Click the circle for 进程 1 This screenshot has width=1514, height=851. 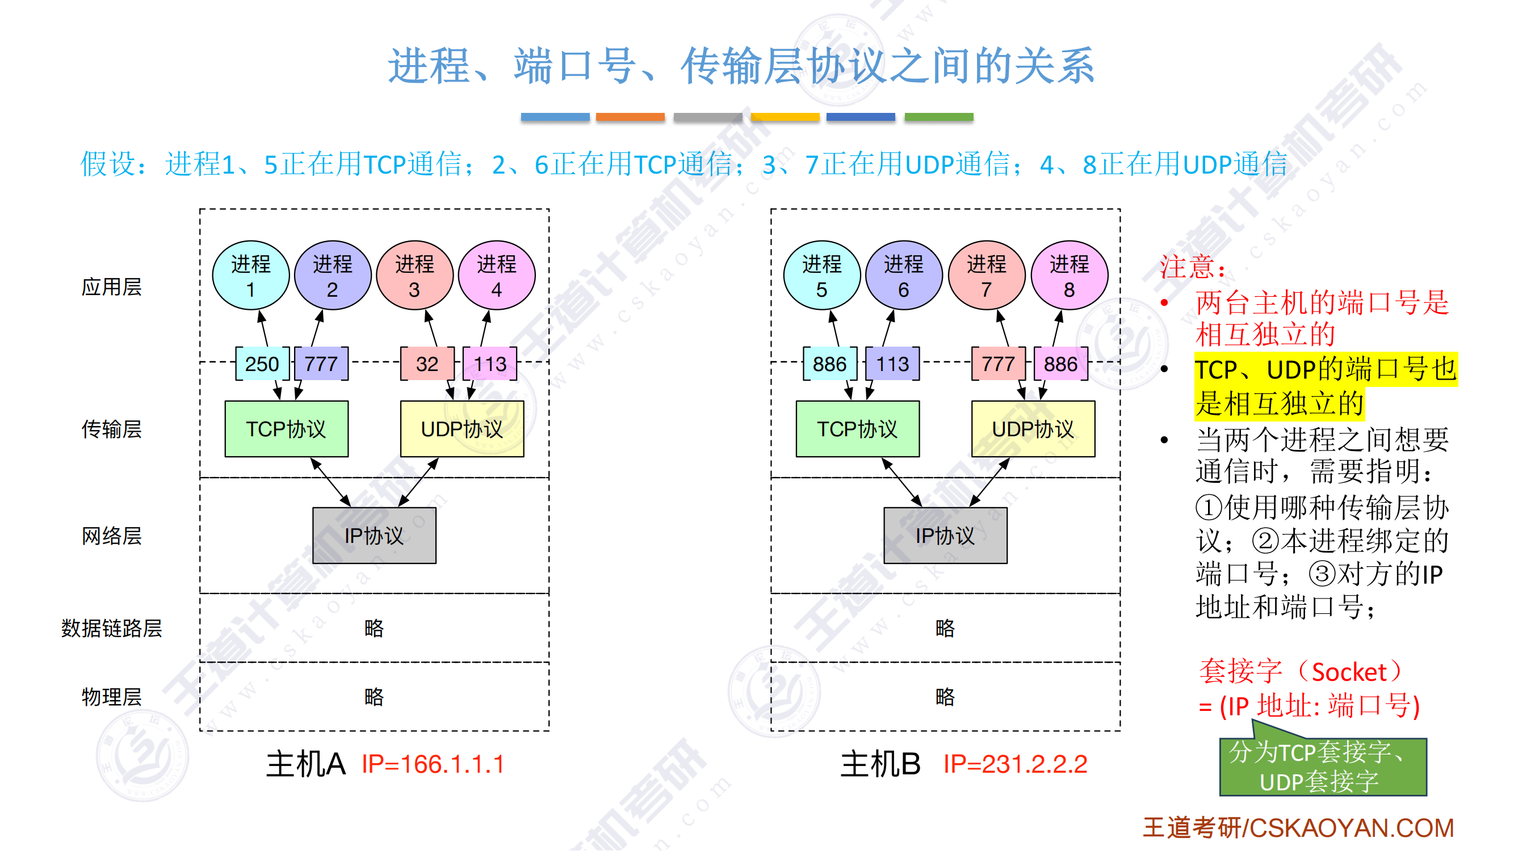point(250,276)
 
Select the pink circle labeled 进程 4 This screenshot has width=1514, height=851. point(497,276)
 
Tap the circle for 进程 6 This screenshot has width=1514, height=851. point(903,276)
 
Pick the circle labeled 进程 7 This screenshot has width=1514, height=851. point(986,276)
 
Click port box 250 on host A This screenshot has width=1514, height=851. point(262,364)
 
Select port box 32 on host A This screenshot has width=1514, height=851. point(427,364)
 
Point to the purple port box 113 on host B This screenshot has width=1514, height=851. point(892,364)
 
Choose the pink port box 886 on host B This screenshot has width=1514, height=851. point(1060,364)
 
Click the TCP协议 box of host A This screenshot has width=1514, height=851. point(286,429)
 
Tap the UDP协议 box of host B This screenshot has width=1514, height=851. point(1033,429)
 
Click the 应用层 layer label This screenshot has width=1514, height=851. point(112,287)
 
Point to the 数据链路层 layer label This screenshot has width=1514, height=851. point(112,629)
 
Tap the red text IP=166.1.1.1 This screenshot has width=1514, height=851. point(433,765)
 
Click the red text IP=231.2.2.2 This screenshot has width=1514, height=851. point(1015,765)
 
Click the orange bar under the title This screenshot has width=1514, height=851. point(630,117)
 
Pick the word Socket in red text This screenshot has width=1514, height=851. point(1349,672)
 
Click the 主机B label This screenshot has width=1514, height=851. point(880,765)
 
